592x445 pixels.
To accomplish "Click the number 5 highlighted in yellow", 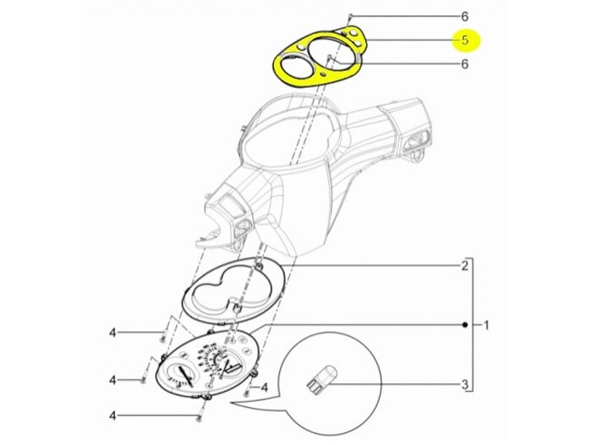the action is point(465,40).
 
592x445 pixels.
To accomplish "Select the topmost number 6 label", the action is point(464,16).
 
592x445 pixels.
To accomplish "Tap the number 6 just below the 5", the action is point(464,63).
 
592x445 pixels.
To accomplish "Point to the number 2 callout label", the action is point(464,266).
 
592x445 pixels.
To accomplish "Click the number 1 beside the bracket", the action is point(485,325).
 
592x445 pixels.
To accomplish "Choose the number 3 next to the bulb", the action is point(464,385).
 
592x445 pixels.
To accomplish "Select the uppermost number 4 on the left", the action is point(112,333).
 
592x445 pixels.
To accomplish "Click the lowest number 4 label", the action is point(112,415).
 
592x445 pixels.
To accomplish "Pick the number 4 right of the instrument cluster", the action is point(264,388).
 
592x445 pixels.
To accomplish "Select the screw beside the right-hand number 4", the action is point(246,392).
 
